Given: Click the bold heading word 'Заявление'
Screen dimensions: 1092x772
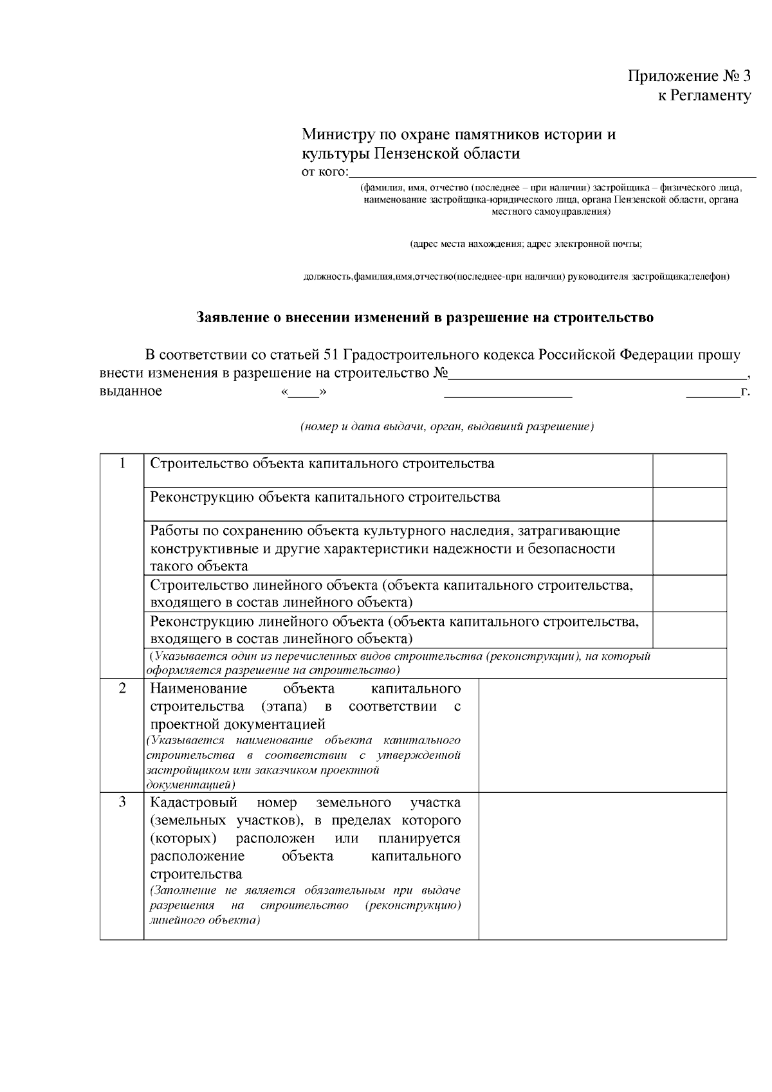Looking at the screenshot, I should (228, 318).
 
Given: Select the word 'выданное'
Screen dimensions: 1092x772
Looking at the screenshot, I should (131, 391).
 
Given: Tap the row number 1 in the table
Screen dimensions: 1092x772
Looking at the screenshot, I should (122, 464).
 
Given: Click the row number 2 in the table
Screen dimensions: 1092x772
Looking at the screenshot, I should (122, 688).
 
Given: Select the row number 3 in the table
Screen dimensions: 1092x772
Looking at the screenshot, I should (122, 803).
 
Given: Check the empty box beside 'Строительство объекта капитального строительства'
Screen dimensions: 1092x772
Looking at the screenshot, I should (690, 470).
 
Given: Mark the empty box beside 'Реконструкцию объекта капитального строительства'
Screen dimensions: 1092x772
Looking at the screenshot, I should (690, 504).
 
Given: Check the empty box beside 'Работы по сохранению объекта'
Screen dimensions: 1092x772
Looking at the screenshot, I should (690, 548).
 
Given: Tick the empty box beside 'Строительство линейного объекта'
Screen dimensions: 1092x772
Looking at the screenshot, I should (690, 593).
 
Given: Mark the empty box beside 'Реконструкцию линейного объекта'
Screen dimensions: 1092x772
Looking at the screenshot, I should (690, 630).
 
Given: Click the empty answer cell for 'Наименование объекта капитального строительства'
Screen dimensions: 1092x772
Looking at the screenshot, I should (603, 735).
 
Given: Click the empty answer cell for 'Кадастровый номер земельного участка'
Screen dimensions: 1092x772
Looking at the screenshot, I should (603, 866).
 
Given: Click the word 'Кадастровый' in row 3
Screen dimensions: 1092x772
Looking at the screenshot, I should (194, 803).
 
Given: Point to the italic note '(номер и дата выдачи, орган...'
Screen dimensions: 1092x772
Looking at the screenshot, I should (447, 427).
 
